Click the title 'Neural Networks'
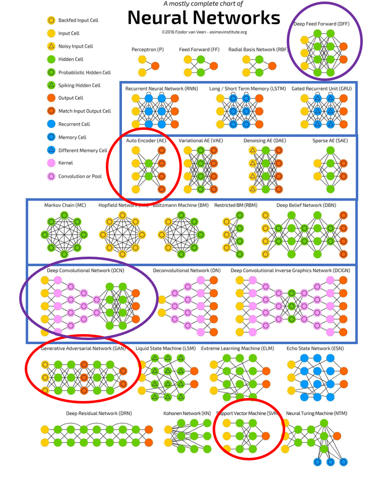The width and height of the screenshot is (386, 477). [x=204, y=18]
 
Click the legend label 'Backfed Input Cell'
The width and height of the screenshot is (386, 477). [x=78, y=21]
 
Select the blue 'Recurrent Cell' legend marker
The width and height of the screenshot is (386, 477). [x=50, y=124]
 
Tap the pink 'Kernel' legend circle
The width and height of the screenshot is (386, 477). [x=50, y=163]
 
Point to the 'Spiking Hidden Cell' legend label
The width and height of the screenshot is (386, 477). [x=79, y=86]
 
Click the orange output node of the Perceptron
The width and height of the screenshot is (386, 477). [x=155, y=66]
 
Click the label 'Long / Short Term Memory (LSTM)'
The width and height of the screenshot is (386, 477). [x=240, y=89]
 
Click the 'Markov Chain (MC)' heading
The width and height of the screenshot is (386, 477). [x=65, y=205]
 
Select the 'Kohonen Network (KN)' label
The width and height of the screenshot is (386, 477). [x=187, y=414]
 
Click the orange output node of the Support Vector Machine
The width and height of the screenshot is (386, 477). [x=266, y=436]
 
